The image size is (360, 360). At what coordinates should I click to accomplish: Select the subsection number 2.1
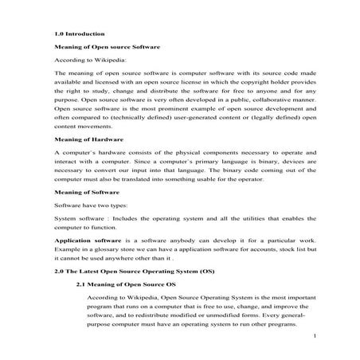81,284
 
